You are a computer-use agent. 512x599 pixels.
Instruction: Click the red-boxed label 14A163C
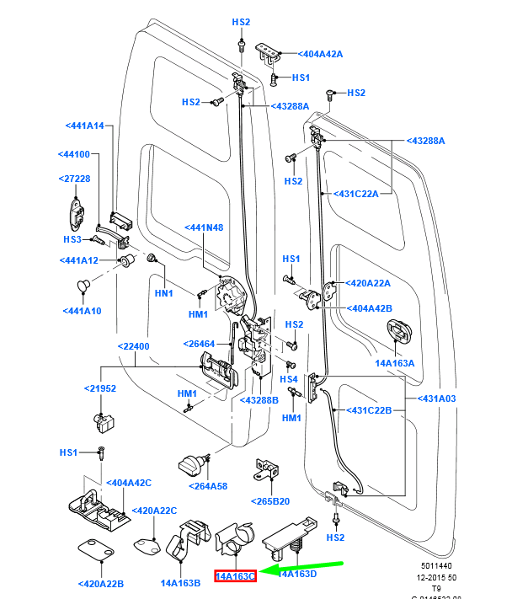coord(235,576)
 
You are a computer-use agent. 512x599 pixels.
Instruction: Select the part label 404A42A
coord(321,53)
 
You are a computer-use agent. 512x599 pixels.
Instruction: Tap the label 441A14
coord(84,126)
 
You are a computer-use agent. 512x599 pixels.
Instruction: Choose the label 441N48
coord(204,227)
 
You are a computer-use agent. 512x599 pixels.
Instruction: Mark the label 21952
coord(99,389)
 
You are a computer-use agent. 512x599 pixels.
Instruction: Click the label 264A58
coord(208,486)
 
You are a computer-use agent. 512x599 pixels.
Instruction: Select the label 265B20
coord(269,501)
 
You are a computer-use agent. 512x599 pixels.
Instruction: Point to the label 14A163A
coord(395,362)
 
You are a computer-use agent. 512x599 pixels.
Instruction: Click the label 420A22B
coord(100,583)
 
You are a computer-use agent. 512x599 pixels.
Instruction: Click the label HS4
coord(289,379)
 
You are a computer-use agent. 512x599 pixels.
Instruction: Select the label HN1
coord(163,293)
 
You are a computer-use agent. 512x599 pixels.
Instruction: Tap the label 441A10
coord(82,311)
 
